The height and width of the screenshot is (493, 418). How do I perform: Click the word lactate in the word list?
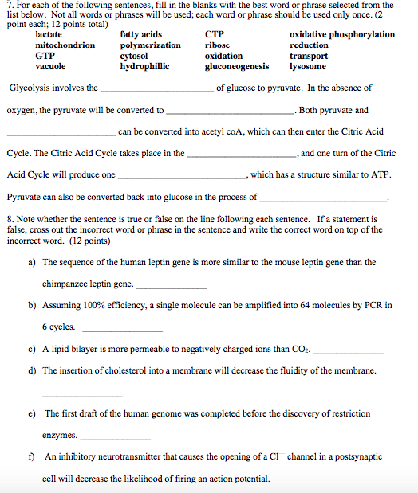[x=49, y=35]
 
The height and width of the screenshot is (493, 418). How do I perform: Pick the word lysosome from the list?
[x=307, y=67]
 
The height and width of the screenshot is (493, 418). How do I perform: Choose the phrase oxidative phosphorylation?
[x=342, y=35]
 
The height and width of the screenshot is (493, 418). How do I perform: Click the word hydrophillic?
[x=144, y=67]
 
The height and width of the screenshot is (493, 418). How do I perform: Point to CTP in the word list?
[x=215, y=35]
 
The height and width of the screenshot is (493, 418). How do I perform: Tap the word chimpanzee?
[x=66, y=284]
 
